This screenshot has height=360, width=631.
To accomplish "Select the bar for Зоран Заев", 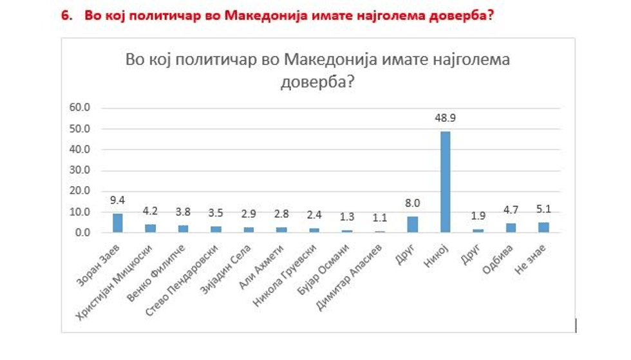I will pyautogui.click(x=118, y=223).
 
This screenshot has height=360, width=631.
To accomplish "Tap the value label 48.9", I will pyautogui.click(x=445, y=118).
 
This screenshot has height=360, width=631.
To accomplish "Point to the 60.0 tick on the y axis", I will pyautogui.click(x=81, y=108).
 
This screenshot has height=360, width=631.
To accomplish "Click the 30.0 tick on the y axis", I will pyautogui.click(x=81, y=170).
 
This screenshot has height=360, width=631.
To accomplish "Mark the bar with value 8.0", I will pyautogui.click(x=412, y=224).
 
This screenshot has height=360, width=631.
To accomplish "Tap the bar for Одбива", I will pyautogui.click(x=511, y=227).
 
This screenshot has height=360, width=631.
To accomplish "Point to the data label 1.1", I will pyautogui.click(x=379, y=217).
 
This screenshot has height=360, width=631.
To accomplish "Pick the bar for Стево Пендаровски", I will pyautogui.click(x=216, y=229).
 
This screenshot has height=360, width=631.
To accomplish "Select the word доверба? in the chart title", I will pyautogui.click(x=318, y=82).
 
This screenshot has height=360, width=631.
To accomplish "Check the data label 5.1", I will pyautogui.click(x=543, y=208).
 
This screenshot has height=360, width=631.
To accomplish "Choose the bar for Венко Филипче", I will pyautogui.click(x=184, y=228).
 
